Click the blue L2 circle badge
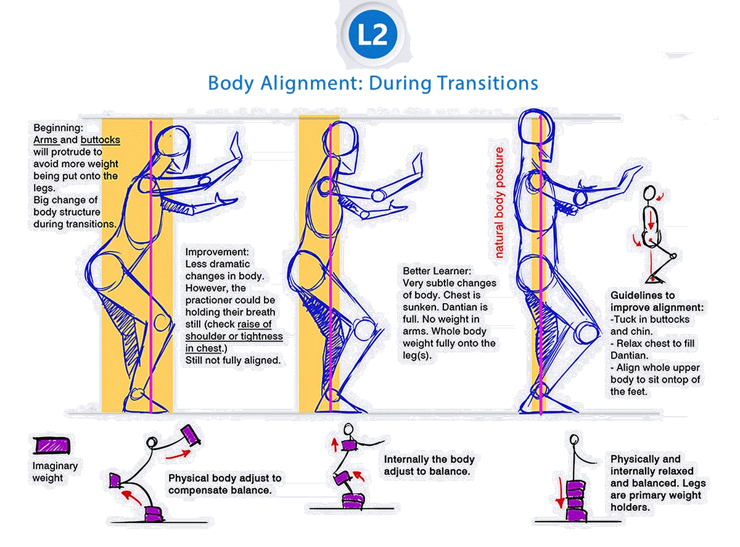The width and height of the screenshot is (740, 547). click(372, 35)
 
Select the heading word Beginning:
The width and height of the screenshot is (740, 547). click(58, 128)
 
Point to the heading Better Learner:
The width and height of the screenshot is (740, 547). click(437, 271)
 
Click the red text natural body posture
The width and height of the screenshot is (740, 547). click(499, 202)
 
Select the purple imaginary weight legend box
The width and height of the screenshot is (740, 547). click(52, 445)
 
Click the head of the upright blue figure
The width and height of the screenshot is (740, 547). click(532, 127)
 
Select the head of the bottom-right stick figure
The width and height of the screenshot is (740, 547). click(575, 440)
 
